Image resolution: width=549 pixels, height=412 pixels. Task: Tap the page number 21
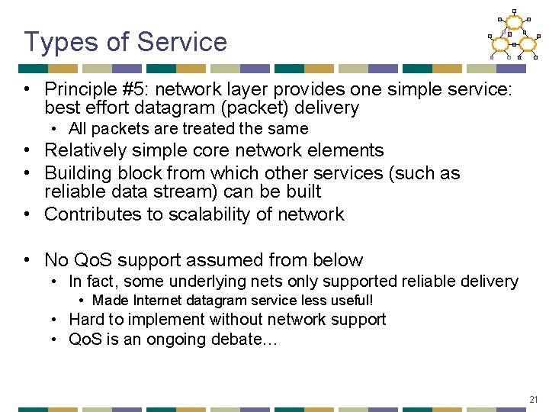533,399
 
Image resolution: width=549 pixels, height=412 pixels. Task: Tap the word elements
349,150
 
